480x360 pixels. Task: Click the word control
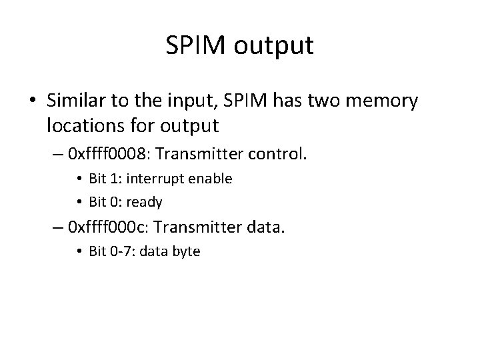tap(275, 155)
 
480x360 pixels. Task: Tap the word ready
tap(145, 201)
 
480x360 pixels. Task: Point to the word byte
tap(186, 252)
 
